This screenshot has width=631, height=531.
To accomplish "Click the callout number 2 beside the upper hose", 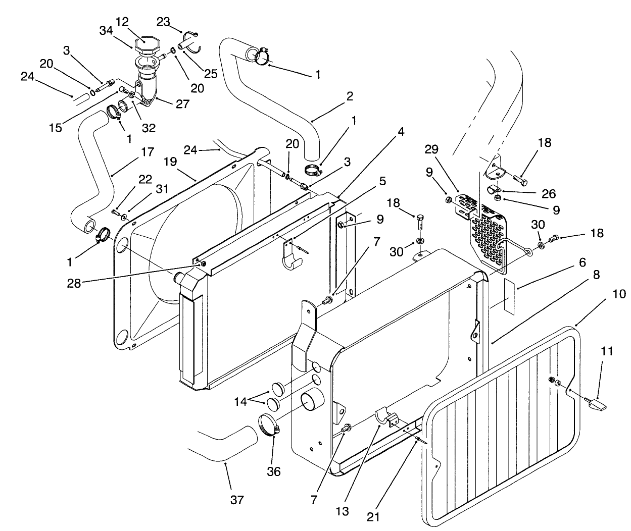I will click(350, 95).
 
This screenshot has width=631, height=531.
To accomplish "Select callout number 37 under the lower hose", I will click(236, 500).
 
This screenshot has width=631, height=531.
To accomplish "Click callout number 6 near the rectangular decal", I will click(582, 262).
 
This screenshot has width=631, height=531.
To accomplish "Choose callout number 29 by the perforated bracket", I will click(431, 149).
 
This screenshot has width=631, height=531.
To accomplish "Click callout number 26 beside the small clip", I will click(548, 193).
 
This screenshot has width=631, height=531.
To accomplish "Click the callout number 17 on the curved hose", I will click(147, 151).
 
